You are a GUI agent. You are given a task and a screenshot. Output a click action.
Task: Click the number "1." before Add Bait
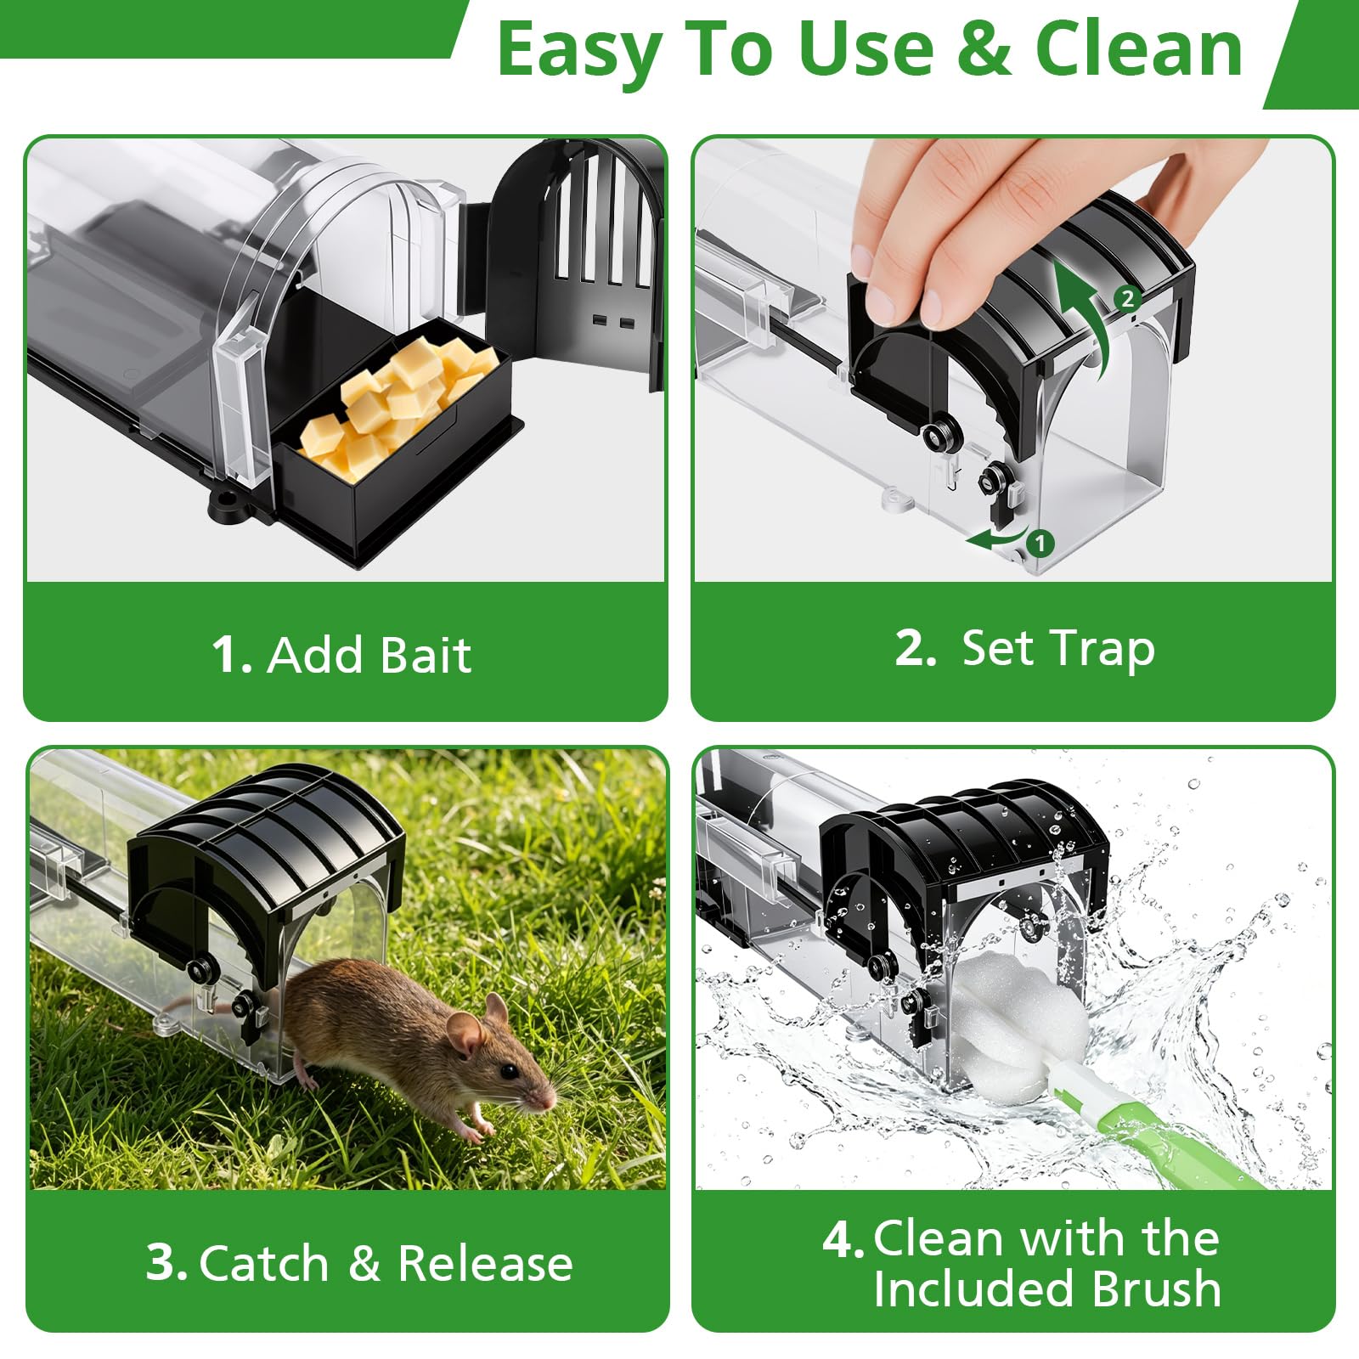click(232, 655)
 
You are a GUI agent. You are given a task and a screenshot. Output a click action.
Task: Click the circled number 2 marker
click(1127, 298)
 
